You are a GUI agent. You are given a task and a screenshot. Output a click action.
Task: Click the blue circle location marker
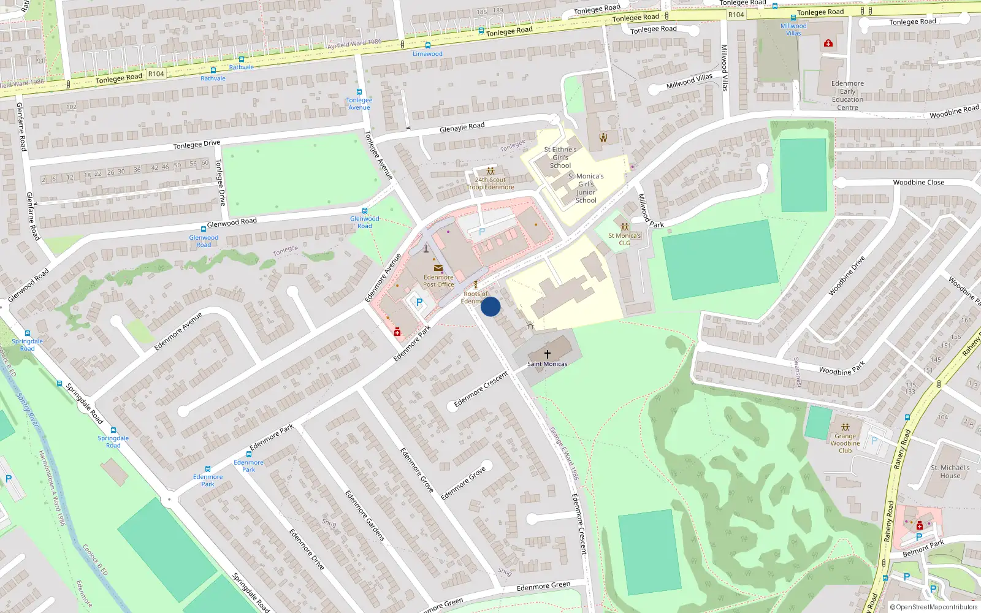490,306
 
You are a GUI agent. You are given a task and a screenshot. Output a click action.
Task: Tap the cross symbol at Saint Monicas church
548,354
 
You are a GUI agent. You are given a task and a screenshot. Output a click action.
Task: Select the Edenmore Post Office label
438,281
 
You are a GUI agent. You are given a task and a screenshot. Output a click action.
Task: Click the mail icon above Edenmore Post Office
438,268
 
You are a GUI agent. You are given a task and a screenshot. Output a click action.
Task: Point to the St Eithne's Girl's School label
560,158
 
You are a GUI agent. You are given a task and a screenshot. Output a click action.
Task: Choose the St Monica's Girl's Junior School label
586,188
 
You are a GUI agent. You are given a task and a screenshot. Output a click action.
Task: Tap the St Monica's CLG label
624,239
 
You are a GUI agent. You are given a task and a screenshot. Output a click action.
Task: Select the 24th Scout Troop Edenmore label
490,183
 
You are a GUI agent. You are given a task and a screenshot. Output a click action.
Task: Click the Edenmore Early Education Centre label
847,96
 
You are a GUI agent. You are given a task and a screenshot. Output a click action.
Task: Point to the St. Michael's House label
950,471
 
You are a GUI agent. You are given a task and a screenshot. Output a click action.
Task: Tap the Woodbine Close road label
918,182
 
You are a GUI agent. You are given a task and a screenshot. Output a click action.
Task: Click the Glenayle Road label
462,127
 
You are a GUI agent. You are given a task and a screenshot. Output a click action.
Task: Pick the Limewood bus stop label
427,54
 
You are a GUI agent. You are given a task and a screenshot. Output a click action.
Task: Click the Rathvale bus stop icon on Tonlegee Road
242,59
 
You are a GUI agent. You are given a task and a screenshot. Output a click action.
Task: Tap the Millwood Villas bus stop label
793,29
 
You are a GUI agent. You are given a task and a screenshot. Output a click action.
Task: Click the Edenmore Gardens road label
364,515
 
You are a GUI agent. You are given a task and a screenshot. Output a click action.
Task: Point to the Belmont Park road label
923,549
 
